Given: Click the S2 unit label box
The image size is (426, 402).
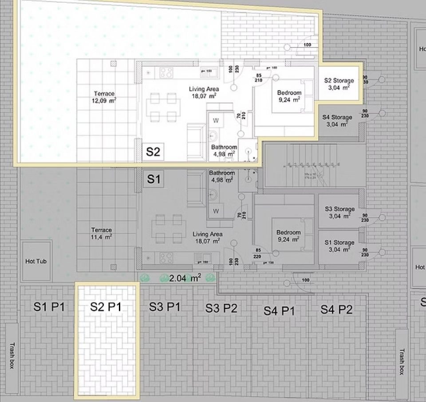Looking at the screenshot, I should click(153, 151).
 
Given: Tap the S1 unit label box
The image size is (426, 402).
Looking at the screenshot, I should click(153, 179).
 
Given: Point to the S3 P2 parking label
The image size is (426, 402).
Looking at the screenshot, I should click(221, 308).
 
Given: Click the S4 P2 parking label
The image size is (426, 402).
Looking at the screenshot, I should click(336, 310).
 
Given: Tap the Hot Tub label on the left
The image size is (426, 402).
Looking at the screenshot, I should click(36, 261).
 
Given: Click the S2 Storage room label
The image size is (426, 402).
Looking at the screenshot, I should click(339, 84).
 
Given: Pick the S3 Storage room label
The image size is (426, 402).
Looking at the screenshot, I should click(339, 212).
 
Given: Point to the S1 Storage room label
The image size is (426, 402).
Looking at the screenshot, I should click(339, 246).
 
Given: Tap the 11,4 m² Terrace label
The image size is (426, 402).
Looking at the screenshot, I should click(102, 233).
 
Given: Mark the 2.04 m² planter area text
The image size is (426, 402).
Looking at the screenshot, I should click(185, 278).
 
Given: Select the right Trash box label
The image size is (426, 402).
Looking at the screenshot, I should click(402, 361).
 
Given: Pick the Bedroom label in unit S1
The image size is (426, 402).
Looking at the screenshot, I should click(288, 235).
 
